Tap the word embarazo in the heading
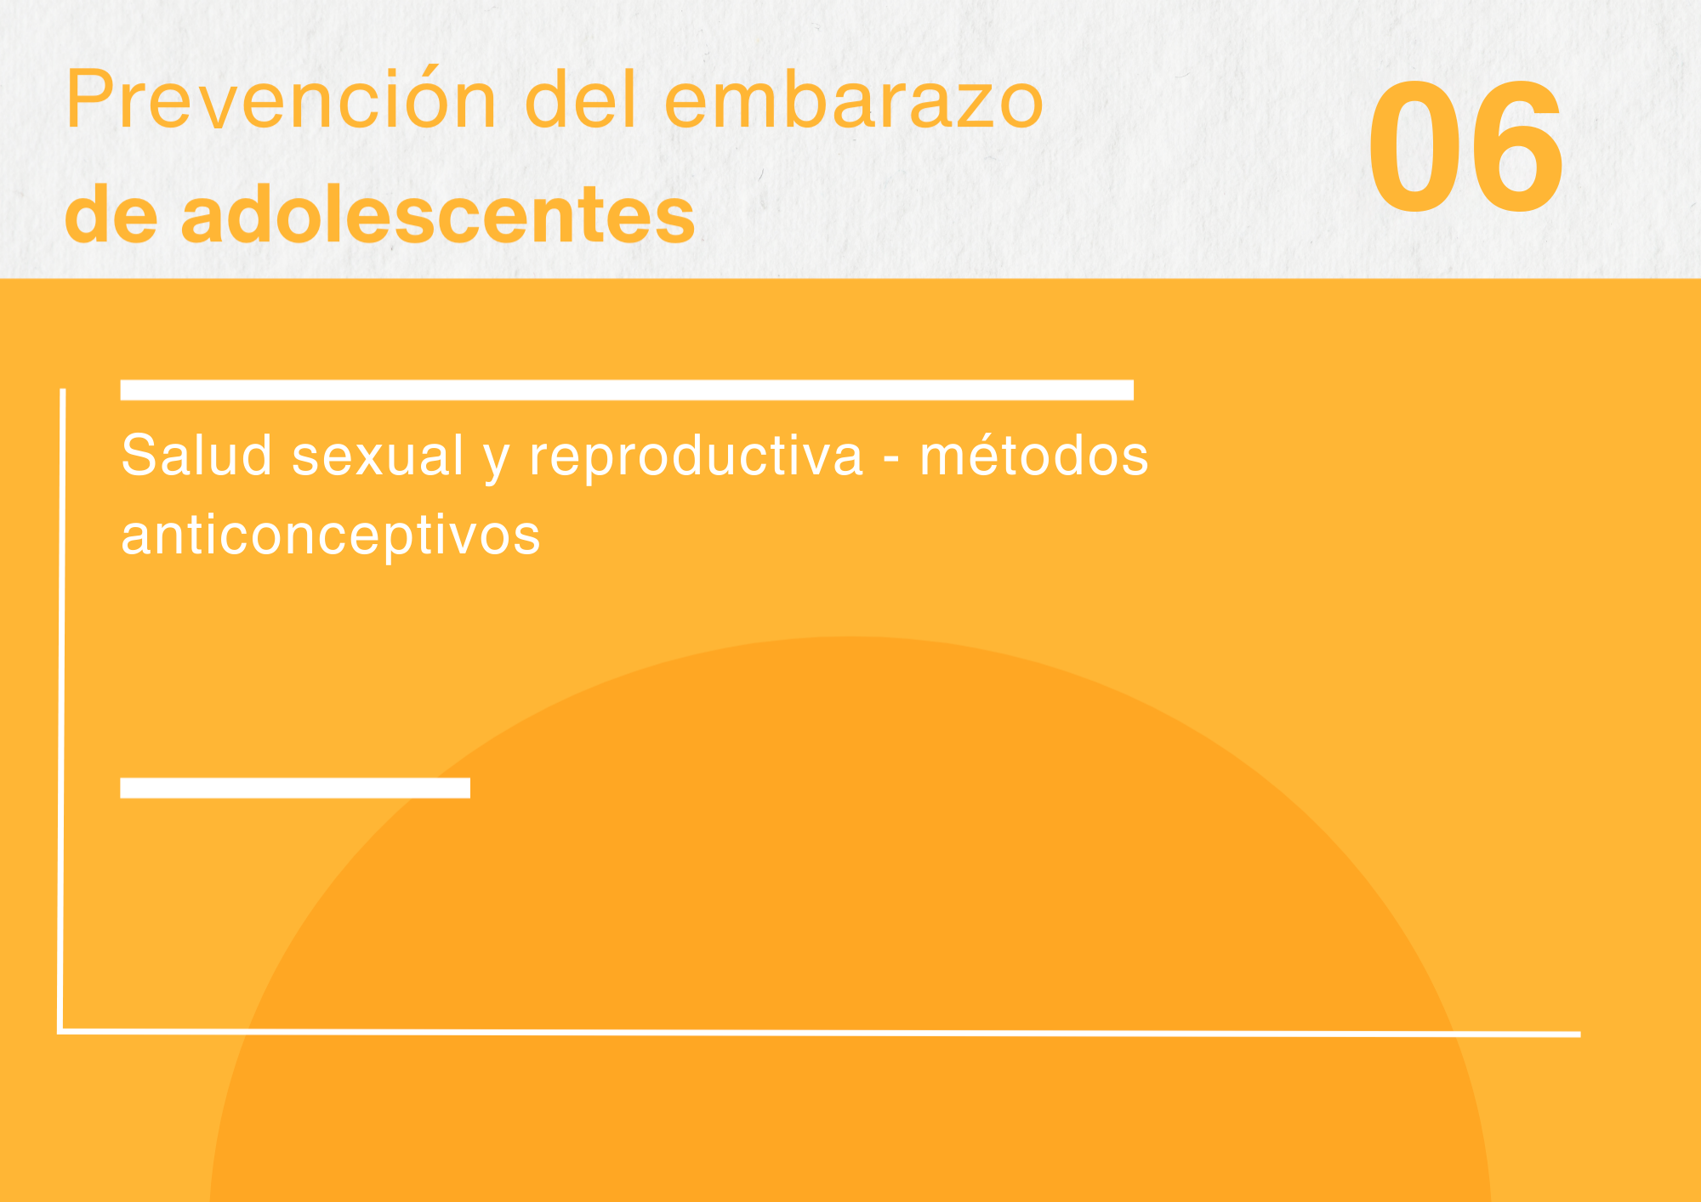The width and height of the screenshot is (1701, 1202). (x=853, y=100)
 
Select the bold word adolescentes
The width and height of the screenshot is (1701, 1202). (x=438, y=214)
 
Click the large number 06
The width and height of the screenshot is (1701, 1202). (x=1465, y=146)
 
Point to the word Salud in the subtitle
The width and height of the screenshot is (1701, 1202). (x=196, y=455)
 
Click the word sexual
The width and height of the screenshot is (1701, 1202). (x=378, y=456)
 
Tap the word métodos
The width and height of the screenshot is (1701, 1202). (x=1033, y=455)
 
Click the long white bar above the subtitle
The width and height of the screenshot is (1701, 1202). (x=627, y=390)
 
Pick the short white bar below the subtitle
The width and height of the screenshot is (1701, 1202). (x=295, y=788)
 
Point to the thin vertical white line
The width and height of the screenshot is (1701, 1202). (x=62, y=711)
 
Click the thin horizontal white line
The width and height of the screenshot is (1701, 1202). (x=820, y=1033)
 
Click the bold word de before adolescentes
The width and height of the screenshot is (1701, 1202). (x=111, y=214)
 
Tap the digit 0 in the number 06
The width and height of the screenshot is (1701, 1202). (x=1414, y=146)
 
